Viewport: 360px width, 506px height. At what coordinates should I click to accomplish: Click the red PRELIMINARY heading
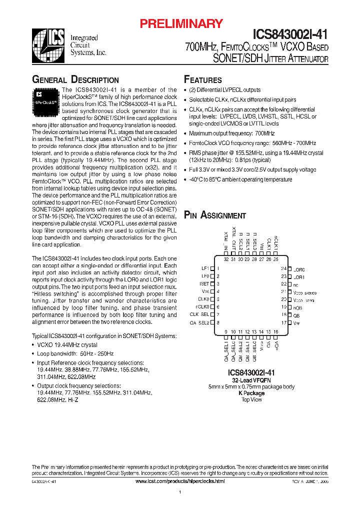click(x=181, y=23)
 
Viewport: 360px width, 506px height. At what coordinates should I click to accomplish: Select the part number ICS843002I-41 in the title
click(x=290, y=34)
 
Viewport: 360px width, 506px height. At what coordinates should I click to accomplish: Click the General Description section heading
click(x=75, y=80)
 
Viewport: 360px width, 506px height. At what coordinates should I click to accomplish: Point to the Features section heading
click(x=203, y=80)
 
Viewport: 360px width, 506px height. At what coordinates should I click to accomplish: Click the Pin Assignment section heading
click(x=215, y=215)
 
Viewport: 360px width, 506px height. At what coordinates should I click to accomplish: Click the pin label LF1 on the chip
click(x=205, y=268)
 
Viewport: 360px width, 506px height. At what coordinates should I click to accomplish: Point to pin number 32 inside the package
click(x=226, y=259)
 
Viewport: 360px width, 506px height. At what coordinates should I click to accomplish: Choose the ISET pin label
click(x=204, y=283)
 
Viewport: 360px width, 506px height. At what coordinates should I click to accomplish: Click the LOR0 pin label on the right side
click(x=299, y=269)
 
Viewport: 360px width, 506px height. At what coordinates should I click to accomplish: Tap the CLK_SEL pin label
click(x=199, y=314)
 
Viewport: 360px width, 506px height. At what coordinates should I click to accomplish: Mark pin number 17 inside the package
click(x=283, y=323)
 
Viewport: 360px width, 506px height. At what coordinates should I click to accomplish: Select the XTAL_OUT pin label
click(x=233, y=242)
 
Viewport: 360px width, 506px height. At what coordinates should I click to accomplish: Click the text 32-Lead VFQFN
click(x=251, y=380)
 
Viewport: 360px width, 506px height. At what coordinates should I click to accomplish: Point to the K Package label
click(x=251, y=393)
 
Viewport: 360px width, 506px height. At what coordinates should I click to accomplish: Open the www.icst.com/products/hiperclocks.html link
click(x=180, y=480)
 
